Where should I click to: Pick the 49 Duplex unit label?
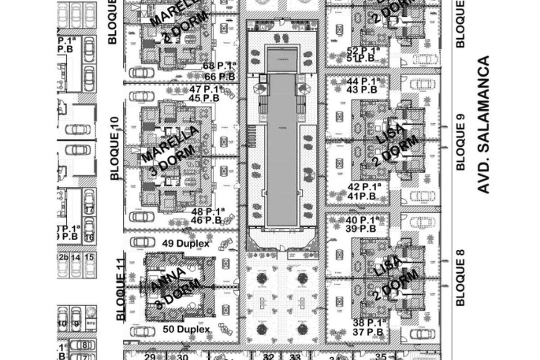pos(185,244)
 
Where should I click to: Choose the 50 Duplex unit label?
pos(186,329)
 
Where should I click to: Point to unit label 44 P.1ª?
pos(364,81)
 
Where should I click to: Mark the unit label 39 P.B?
pos(363,229)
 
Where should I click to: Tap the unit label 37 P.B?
pos(363,332)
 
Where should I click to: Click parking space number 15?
pos(89,257)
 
